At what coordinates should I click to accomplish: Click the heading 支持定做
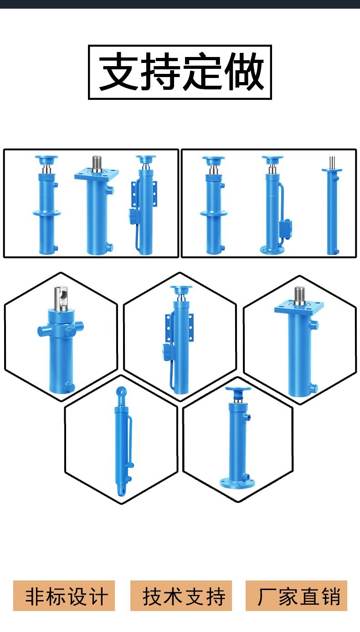(180, 72)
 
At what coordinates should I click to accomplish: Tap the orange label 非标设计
(64, 596)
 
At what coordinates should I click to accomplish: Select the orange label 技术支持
(181, 596)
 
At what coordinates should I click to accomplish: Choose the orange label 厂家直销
(297, 596)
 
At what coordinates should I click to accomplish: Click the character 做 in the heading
(246, 72)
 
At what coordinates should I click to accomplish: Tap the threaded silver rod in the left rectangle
(97, 163)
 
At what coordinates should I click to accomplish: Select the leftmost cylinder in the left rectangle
(46, 205)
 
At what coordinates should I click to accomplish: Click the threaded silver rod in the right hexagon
(299, 295)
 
